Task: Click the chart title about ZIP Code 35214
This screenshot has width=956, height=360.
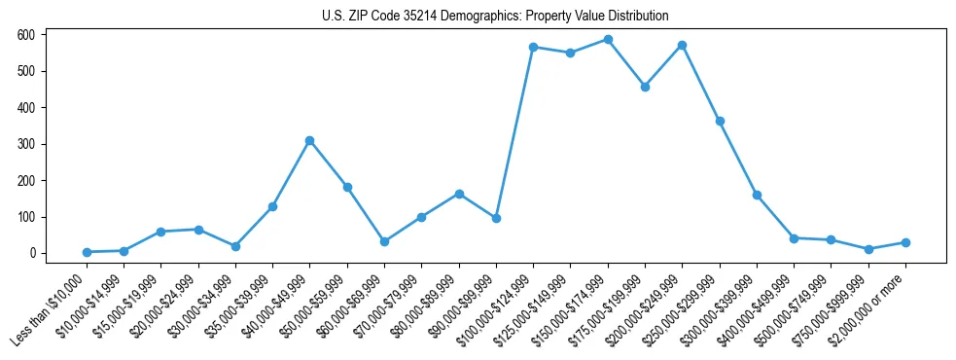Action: click(x=495, y=16)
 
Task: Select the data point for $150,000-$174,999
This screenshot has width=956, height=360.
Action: click(x=608, y=40)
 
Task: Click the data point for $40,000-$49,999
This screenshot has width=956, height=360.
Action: click(x=309, y=140)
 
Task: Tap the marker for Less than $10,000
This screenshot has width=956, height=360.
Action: click(x=87, y=252)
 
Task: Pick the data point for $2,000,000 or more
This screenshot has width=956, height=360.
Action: click(x=905, y=242)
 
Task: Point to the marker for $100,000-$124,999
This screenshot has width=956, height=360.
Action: click(x=533, y=47)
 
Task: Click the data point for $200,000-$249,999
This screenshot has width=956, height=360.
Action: click(x=683, y=45)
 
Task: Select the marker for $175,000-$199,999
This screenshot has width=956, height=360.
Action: click(x=645, y=87)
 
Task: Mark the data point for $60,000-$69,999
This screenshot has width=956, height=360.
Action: click(x=384, y=241)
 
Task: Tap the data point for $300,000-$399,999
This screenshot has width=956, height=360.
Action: click(x=757, y=195)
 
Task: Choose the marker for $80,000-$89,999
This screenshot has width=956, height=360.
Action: click(x=459, y=194)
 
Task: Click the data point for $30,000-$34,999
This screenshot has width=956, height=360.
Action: click(x=235, y=246)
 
